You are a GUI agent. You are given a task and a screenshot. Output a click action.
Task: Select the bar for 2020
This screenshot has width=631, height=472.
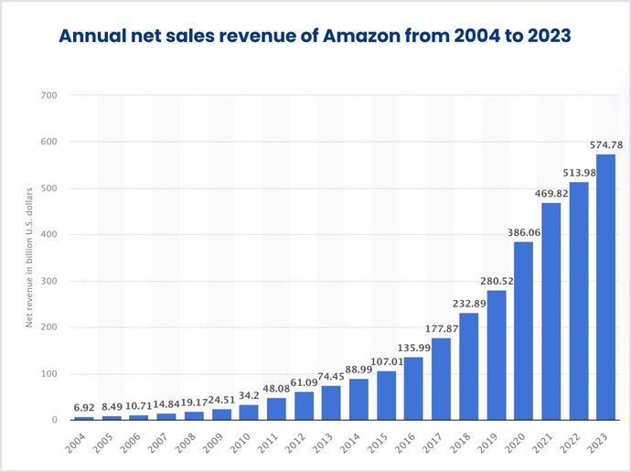point(523,331)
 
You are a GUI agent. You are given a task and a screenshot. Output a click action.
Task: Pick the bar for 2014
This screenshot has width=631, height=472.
point(358,400)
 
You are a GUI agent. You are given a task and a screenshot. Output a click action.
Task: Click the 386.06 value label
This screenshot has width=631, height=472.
point(523,232)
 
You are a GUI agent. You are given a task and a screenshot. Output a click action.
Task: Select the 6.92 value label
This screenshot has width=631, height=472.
point(83,408)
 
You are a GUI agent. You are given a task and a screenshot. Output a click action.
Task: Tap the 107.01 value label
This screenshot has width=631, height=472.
point(386,361)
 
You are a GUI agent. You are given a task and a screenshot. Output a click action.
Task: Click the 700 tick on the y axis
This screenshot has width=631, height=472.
point(49,95)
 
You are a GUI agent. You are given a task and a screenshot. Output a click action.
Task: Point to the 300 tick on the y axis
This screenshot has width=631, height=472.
point(49,281)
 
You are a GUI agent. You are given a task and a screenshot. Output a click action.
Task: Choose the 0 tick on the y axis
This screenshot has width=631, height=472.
point(55,421)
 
